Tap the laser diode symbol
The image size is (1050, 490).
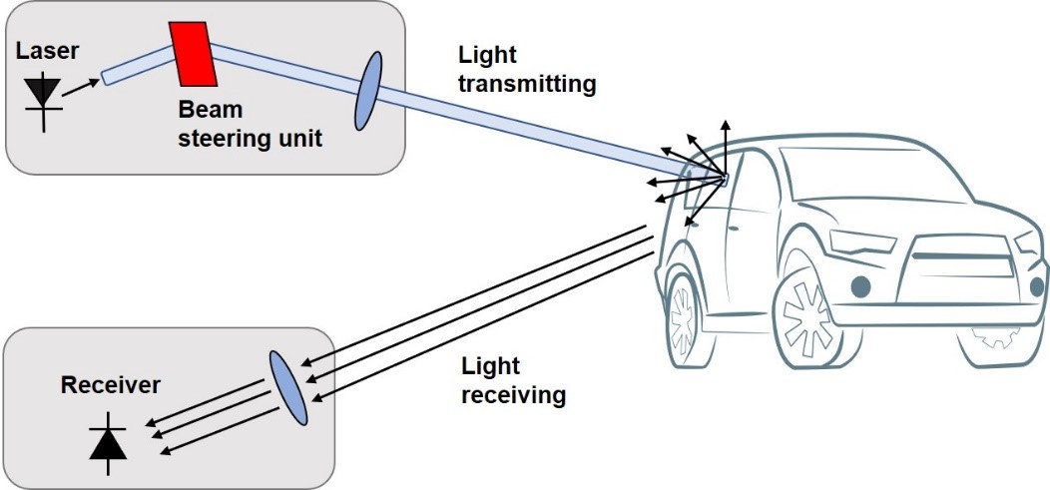click(x=42, y=95)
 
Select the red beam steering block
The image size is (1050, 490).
click(x=194, y=53)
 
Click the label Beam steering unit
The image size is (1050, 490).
click(x=250, y=124)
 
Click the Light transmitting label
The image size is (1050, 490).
click(x=526, y=70)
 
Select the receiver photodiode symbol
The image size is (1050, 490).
click(x=109, y=442)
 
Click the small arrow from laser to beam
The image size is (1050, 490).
click(x=84, y=77)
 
